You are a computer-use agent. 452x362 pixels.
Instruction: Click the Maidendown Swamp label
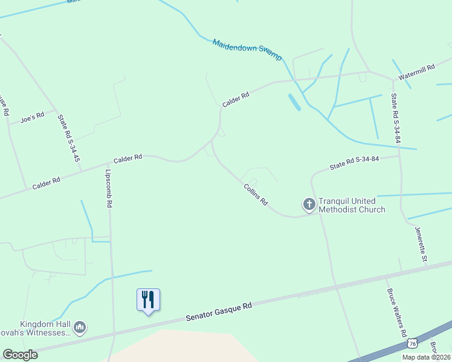point(247,49)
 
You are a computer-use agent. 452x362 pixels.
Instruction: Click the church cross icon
point(309,205)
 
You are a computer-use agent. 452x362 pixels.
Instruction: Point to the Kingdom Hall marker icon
point(80,328)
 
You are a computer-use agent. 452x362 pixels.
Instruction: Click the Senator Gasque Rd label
point(218,311)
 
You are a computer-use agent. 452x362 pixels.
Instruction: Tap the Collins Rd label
point(256,195)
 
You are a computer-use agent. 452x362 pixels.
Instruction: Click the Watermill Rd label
point(416,71)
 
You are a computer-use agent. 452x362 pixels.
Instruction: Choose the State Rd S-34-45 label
point(69,138)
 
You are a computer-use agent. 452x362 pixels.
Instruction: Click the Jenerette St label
point(421,244)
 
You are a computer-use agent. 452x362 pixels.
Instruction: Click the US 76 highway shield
point(413,343)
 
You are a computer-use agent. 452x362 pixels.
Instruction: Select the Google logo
point(20,355)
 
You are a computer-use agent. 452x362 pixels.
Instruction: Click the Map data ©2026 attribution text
point(426,357)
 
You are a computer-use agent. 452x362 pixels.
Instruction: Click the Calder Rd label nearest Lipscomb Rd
point(128,159)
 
